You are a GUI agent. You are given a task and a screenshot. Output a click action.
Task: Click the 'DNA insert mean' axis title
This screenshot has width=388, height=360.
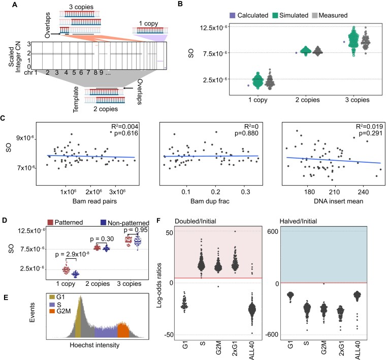(x=332, y=202)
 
